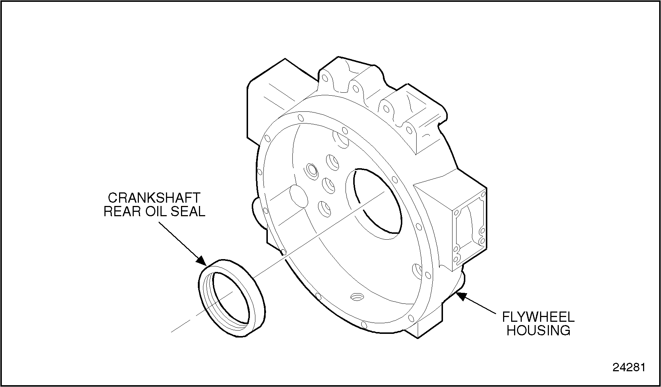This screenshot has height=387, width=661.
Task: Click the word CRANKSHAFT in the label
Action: click(x=154, y=198)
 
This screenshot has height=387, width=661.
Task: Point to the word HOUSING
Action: click(x=538, y=330)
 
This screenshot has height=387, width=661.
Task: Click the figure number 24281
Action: click(x=629, y=367)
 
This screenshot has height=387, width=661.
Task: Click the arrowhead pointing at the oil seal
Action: click(x=201, y=259)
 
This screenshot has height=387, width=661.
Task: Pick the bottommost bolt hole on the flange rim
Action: click(x=363, y=325)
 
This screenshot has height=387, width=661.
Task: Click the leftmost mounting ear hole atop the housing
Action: click(x=324, y=78)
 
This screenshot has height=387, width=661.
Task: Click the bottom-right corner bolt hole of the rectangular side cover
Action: click(x=482, y=241)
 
